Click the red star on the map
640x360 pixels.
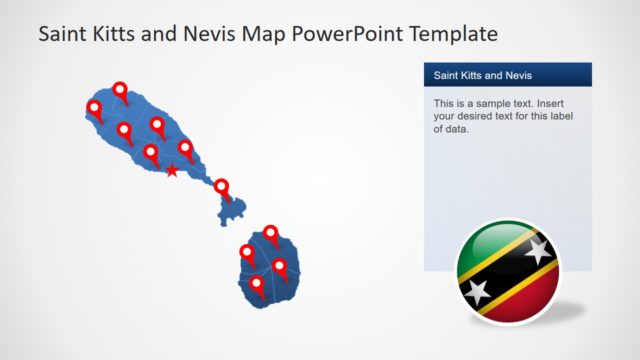(x=172, y=171)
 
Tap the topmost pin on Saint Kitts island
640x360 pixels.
(x=121, y=90)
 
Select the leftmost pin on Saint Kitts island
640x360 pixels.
(x=95, y=108)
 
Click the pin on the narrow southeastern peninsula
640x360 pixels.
(x=222, y=187)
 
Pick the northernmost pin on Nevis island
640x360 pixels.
(x=270, y=234)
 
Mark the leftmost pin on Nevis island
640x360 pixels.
(x=247, y=252)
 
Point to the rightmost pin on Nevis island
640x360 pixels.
(x=280, y=266)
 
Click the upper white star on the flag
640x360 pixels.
(x=538, y=251)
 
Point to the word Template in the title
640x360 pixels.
(x=448, y=34)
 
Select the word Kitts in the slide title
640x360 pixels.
(x=109, y=34)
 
